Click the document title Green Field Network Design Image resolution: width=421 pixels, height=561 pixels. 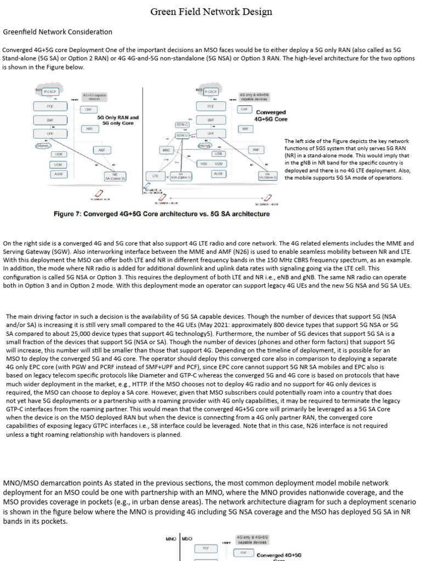tap(211, 12)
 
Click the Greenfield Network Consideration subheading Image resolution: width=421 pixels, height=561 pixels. tap(58, 32)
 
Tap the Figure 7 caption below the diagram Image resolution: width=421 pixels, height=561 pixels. tap(161, 214)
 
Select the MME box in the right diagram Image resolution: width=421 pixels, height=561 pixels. tap(166, 150)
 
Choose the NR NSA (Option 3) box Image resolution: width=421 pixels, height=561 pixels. tap(180, 176)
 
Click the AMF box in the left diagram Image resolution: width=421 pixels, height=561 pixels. tap(101, 149)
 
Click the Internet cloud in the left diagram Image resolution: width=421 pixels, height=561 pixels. tap(42, 146)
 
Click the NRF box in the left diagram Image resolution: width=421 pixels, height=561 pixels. tap(89, 129)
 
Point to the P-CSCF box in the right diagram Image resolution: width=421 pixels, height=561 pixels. tap(211, 92)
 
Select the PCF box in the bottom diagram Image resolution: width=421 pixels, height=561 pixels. tap(206, 547)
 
